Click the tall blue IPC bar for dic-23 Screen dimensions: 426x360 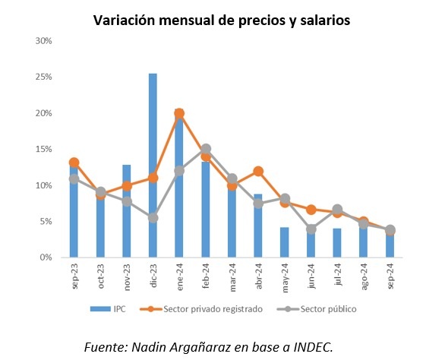point(153,166)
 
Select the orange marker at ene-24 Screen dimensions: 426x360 point(179,113)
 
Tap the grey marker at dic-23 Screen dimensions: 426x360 point(153,218)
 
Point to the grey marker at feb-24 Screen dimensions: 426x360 point(206,149)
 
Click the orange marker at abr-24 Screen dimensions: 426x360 point(258,172)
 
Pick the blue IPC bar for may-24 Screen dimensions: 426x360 point(285,242)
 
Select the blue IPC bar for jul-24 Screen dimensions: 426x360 point(337,243)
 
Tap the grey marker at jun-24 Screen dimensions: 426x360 point(311,229)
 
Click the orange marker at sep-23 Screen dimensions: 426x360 point(74,163)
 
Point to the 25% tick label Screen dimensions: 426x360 point(43,77)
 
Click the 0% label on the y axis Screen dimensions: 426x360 point(46,257)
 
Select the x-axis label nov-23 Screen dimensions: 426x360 point(127,277)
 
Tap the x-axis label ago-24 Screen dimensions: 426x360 point(364,276)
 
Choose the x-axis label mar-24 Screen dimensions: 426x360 point(232,278)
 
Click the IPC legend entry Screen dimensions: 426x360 point(108,309)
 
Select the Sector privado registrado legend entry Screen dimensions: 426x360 point(201,309)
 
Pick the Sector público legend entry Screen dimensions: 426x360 point(317,309)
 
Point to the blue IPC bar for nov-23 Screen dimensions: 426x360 point(127,211)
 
